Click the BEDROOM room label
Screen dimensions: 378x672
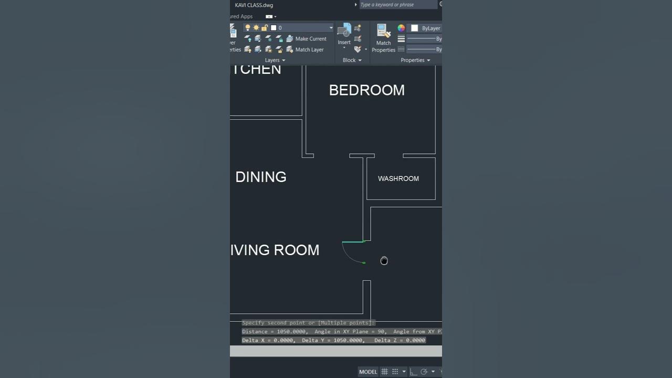pos(366,90)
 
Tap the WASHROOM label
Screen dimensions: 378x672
pos(398,178)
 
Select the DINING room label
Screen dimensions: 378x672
pos(261,177)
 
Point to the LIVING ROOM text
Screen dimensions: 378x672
pos(275,250)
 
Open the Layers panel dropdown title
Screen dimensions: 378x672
pos(275,60)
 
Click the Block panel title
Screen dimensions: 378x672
pos(351,60)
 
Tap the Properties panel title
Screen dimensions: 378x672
pos(415,60)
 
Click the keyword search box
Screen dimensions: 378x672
pos(397,5)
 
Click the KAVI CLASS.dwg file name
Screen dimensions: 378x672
pos(254,5)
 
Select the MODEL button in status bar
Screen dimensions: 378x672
pos(368,372)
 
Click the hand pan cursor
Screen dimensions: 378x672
pos(384,261)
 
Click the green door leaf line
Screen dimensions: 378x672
pos(353,242)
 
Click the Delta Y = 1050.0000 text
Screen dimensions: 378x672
pos(333,340)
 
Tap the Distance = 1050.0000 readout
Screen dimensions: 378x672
pos(275,332)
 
